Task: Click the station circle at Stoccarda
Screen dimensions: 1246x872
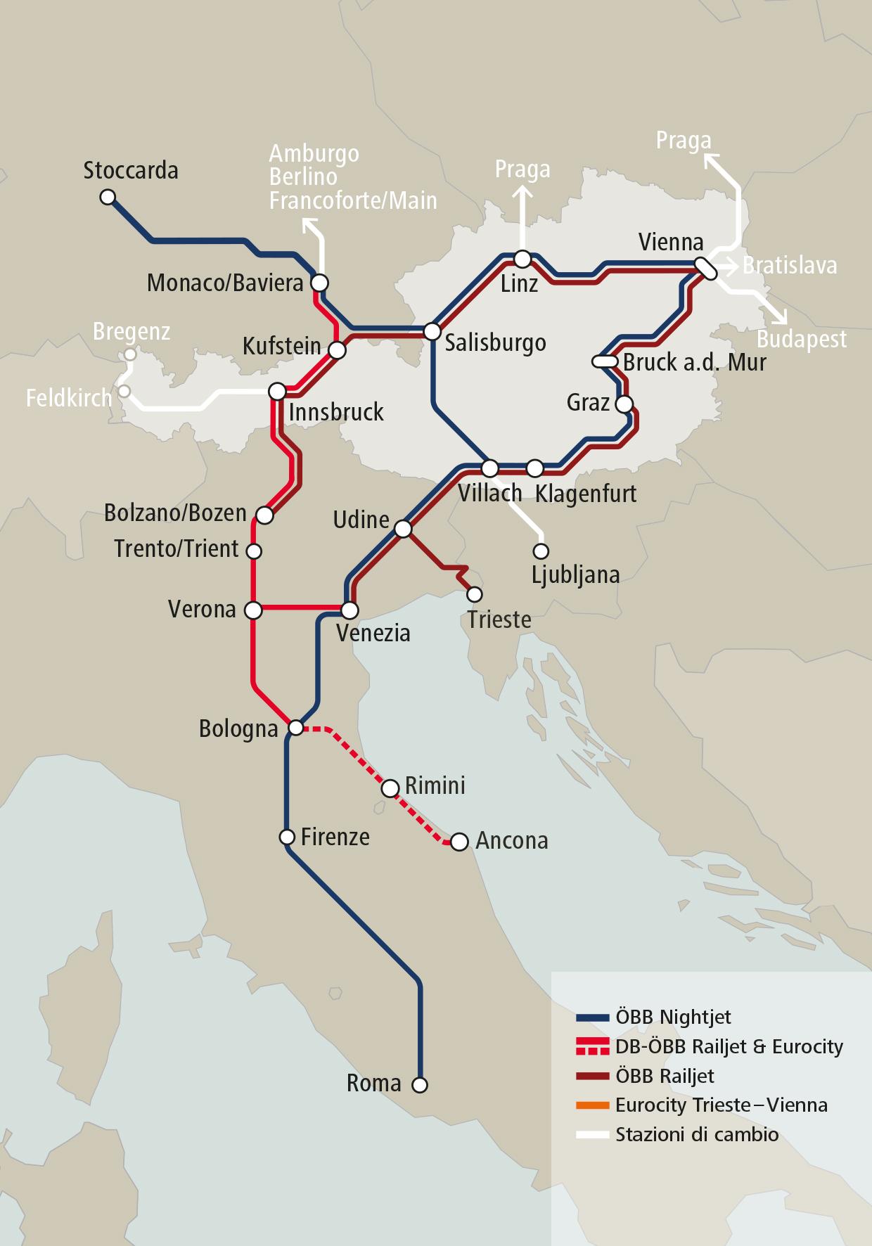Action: [108, 198]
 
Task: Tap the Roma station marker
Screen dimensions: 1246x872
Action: [419, 1085]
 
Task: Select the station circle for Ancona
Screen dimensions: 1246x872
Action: [459, 841]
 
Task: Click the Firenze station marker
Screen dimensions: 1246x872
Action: [287, 837]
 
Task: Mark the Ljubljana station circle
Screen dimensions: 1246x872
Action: [541, 551]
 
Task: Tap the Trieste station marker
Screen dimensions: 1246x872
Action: [475, 595]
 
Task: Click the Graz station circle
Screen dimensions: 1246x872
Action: [623, 404]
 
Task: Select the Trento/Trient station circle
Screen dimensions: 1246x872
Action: [254, 551]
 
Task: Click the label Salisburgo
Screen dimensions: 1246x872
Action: [495, 343]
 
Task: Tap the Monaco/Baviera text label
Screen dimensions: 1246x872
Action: [225, 283]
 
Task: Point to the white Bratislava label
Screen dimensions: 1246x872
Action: [790, 266]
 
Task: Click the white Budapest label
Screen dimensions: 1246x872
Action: [801, 340]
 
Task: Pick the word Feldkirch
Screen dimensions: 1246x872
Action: [69, 399]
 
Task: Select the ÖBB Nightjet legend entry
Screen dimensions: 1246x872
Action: [673, 1017]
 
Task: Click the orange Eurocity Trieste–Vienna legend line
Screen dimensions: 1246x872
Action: [591, 1105]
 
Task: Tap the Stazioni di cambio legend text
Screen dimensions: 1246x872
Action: [696, 1134]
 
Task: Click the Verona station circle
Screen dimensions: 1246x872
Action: [252, 610]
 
